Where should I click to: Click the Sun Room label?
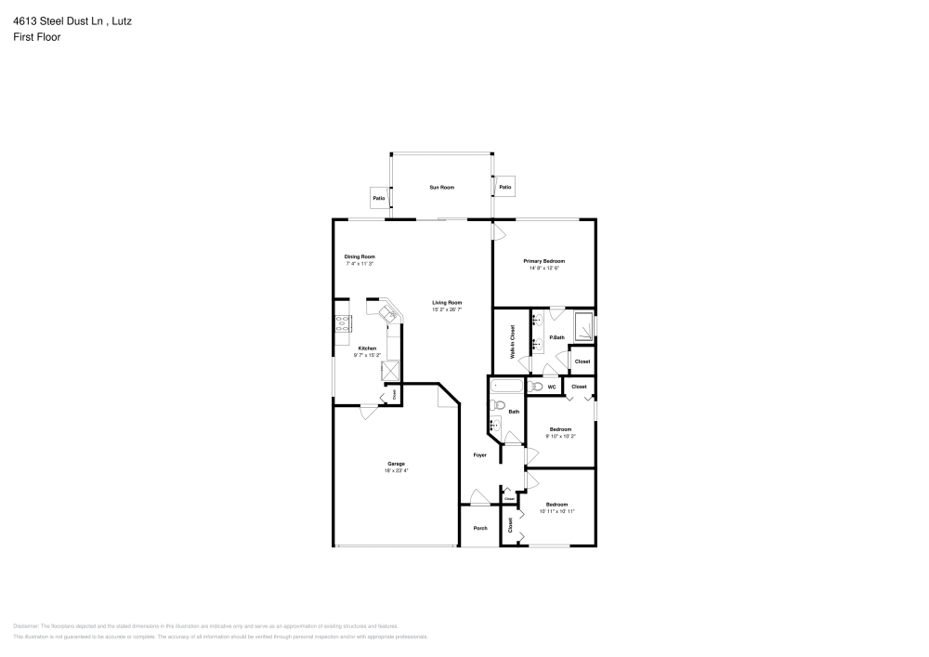tap(441, 188)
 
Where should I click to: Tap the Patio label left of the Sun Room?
tap(379, 198)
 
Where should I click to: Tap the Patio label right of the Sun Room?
tap(504, 188)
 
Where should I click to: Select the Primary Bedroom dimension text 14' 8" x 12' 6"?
tap(543, 269)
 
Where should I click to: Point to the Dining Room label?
tap(360, 256)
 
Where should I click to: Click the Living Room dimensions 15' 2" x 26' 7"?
tap(447, 309)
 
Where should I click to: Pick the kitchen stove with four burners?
tap(343, 324)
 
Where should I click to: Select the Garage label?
tap(396, 464)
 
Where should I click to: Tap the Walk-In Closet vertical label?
tap(512, 341)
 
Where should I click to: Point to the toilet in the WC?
tap(536, 386)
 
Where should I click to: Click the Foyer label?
tap(480, 455)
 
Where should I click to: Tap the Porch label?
tap(480, 528)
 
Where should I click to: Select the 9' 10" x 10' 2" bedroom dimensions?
tap(560, 436)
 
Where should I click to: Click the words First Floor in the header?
tap(37, 37)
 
